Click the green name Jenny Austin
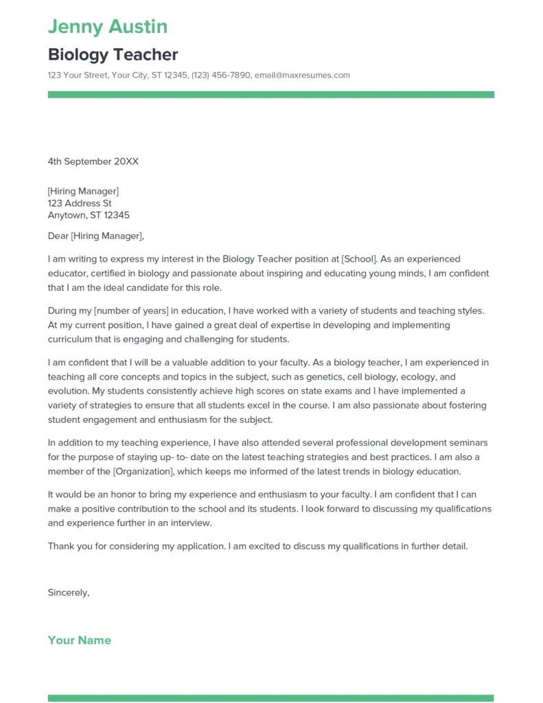[108, 27]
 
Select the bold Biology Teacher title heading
[113, 54]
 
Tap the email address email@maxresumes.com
[302, 75]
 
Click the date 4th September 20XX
[93, 161]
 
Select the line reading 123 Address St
[79, 203]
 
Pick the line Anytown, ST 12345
[89, 215]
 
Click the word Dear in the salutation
[58, 236]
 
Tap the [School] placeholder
[358, 259]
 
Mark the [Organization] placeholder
[144, 472]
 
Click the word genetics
[323, 377]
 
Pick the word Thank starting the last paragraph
[60, 546]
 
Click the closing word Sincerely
[68, 592]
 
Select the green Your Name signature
[79, 640]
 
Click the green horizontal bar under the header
[270, 95]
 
